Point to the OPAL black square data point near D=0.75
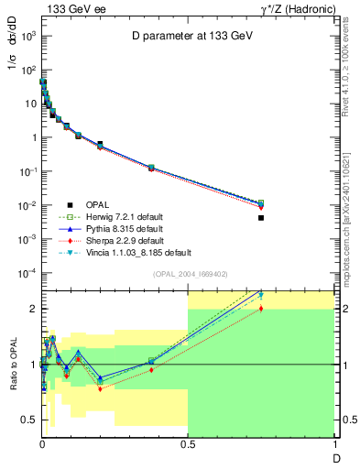261,218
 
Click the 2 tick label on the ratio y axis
32,309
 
